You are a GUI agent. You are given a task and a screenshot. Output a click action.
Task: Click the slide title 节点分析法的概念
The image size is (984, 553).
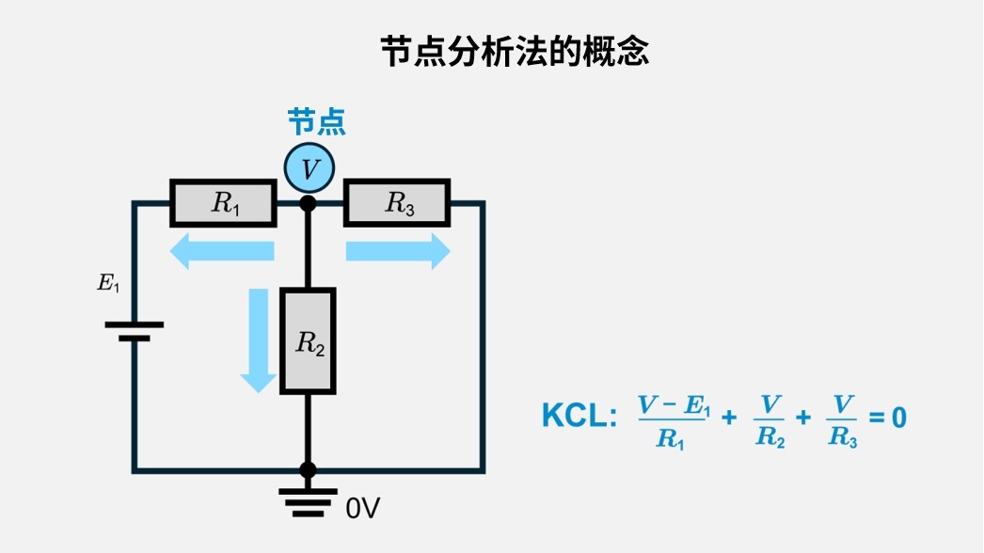tap(515, 51)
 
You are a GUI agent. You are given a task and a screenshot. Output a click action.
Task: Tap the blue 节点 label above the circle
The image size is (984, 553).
tap(316, 122)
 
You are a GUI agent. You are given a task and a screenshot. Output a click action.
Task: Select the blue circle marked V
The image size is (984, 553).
tap(309, 169)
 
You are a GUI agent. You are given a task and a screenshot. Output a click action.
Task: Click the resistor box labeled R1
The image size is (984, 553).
tap(223, 203)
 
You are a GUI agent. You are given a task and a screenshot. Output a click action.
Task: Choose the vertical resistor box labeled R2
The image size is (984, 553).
tap(308, 340)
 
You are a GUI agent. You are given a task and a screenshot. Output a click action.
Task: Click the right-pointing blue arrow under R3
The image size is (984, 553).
tap(398, 251)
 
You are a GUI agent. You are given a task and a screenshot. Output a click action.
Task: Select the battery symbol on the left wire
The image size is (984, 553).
tap(134, 330)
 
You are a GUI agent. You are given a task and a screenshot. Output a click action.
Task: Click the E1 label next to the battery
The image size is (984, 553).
tap(108, 282)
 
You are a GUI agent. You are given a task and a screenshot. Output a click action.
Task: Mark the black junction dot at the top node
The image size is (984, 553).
tap(308, 203)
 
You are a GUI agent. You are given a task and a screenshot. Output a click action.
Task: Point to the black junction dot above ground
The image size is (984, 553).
tap(308, 469)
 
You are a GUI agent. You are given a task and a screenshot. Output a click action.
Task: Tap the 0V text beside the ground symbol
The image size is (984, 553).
tap(363, 509)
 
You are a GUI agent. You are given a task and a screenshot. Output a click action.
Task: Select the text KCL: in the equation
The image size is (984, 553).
tap(579, 417)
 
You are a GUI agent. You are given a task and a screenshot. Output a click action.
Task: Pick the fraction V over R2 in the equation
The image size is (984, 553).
tap(770, 420)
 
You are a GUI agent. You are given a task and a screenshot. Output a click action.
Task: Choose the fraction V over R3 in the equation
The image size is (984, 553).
tap(842, 420)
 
